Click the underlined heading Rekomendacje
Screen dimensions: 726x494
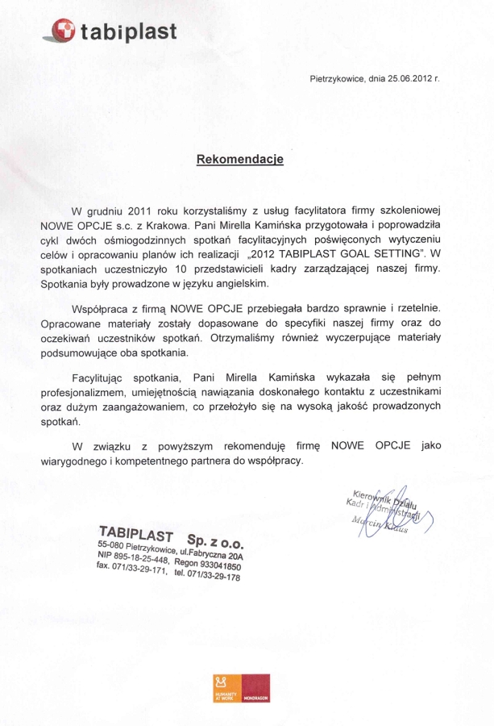[240, 160]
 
